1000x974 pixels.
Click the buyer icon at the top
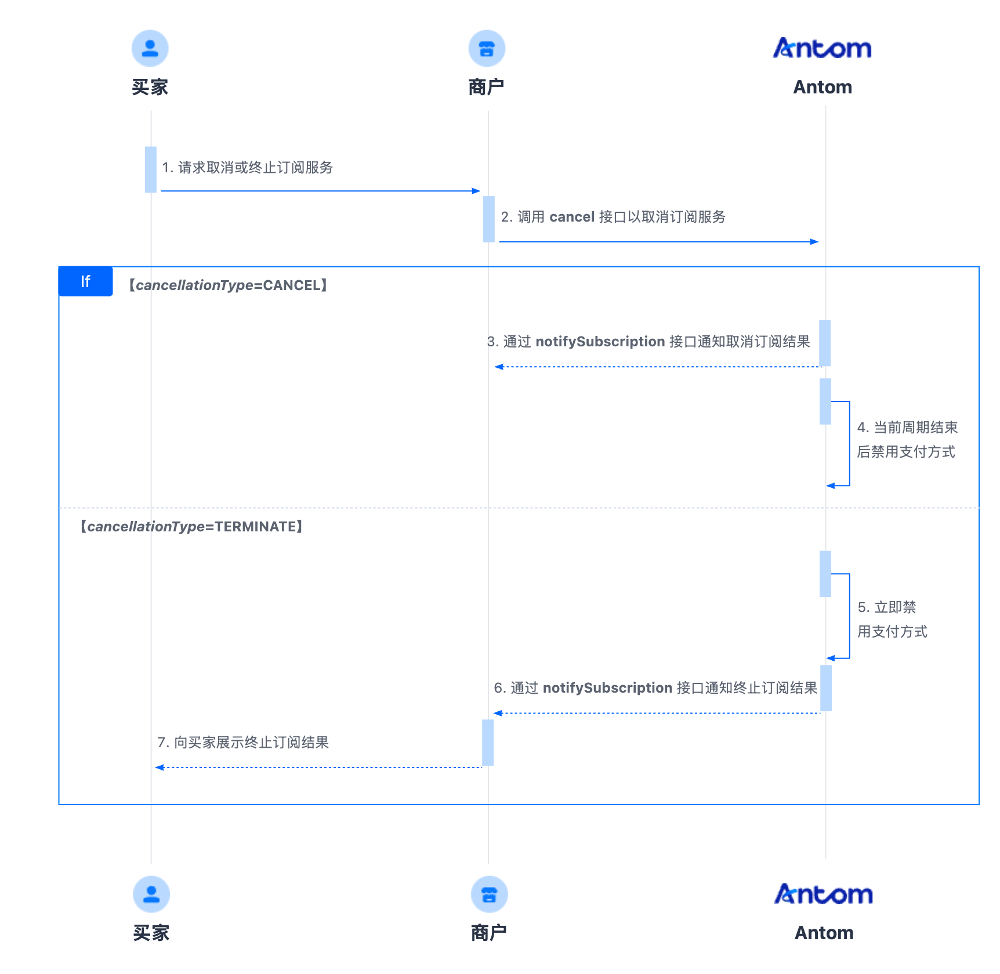[150, 48]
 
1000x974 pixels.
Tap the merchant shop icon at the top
[487, 48]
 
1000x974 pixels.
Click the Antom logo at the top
[822, 48]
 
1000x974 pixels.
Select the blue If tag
[86, 281]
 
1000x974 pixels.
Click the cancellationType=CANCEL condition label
[228, 285]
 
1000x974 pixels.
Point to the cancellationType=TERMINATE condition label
[191, 527]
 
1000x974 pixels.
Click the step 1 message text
[248, 168]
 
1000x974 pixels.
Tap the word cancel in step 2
[572, 217]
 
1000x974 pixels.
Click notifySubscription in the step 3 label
[600, 342]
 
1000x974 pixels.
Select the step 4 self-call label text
[907, 440]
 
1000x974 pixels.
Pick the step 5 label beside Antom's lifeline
[892, 620]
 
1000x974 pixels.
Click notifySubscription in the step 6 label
[607, 688]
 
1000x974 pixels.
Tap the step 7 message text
[243, 743]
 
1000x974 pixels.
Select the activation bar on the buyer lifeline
[151, 169]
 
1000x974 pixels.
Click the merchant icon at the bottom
[489, 894]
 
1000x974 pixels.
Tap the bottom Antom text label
[824, 933]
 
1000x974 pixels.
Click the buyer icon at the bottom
[151, 894]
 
